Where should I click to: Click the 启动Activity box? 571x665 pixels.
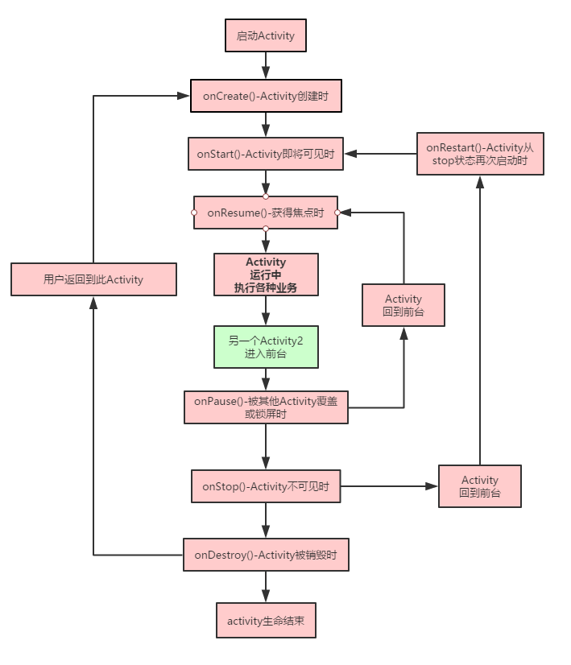click(265, 36)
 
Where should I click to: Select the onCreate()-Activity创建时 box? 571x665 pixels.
click(266, 96)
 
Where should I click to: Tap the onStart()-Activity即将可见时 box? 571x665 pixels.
click(266, 153)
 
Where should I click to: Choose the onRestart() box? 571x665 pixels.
click(479, 153)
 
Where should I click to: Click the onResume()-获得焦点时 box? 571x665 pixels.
click(266, 213)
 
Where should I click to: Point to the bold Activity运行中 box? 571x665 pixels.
click(266, 275)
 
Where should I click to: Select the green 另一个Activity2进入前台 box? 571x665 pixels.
click(266, 347)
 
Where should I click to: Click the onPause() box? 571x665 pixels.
click(266, 407)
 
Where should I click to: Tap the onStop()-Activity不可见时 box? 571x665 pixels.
click(266, 486)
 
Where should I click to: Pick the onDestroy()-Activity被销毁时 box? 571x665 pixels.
click(266, 555)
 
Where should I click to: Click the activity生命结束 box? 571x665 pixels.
click(266, 621)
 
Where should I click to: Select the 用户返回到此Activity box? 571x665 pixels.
click(93, 279)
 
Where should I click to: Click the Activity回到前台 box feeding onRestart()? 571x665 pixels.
click(479, 486)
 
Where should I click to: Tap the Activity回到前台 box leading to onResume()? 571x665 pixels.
click(403, 304)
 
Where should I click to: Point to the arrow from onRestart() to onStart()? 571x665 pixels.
click(381, 153)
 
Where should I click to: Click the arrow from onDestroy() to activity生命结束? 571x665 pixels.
click(266, 587)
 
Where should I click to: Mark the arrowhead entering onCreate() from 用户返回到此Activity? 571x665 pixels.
click(184, 96)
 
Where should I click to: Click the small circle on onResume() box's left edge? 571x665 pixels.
click(194, 213)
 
